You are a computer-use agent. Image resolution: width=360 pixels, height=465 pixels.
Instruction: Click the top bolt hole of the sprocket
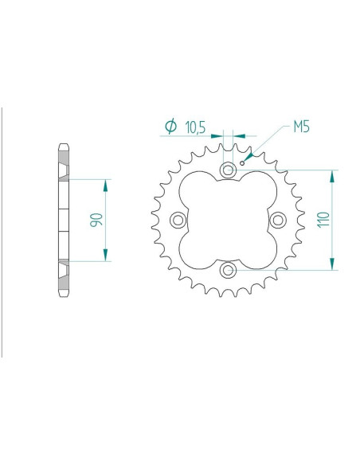(x=228, y=170)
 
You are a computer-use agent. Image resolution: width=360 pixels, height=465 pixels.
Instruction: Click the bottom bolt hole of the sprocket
(x=228, y=270)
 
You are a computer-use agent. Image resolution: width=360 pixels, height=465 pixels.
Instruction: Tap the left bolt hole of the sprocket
(x=178, y=220)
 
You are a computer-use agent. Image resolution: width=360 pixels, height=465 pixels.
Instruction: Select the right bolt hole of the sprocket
(x=278, y=220)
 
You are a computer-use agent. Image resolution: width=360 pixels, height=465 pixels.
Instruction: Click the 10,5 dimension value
(x=195, y=127)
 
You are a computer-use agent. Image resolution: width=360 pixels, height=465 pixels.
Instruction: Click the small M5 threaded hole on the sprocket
(x=252, y=155)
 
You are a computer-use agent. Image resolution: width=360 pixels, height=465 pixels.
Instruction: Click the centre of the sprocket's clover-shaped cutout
(x=228, y=220)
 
